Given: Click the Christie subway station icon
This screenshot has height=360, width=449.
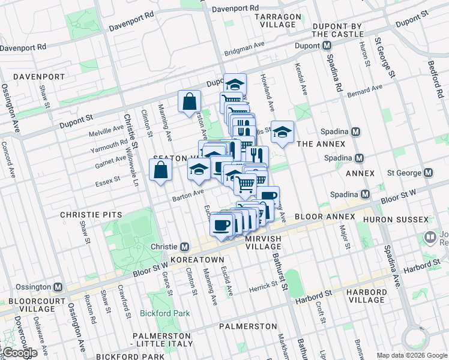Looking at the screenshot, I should click(185, 247).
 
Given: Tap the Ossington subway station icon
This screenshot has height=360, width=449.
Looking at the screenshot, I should click(58, 287).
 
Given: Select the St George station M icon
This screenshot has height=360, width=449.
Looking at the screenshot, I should click(428, 173).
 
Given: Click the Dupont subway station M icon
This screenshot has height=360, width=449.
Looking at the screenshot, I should click(327, 46).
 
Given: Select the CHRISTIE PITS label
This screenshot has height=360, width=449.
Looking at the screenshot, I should click(91, 214).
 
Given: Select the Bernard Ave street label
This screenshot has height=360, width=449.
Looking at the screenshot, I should click(364, 92).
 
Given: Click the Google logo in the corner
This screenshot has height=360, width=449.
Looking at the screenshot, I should click(20, 353).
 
